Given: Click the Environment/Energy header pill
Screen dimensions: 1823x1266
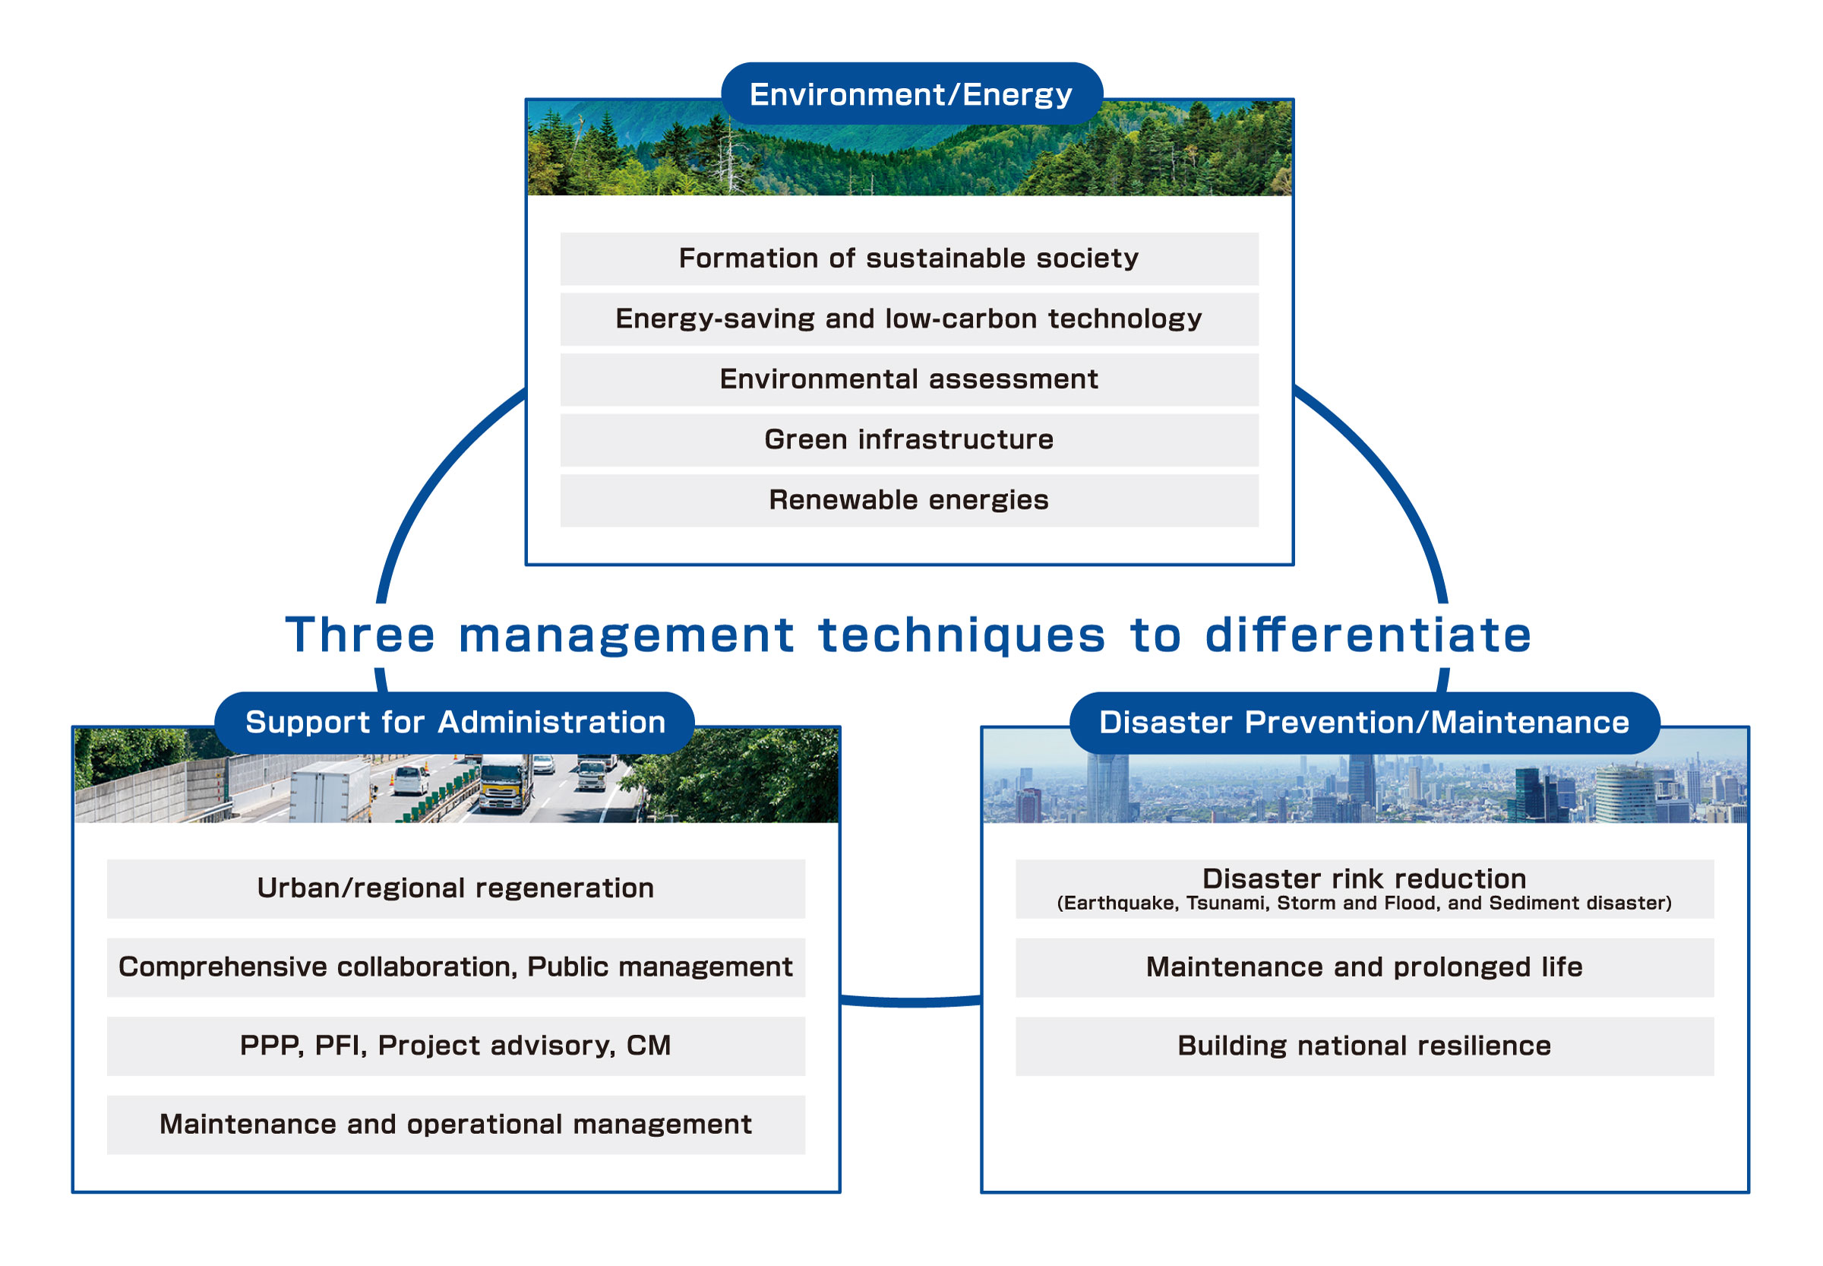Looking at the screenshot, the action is tap(911, 93).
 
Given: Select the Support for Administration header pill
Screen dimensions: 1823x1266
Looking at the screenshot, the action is tap(454, 722).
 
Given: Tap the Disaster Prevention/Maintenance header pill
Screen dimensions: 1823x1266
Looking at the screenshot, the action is tap(1364, 722).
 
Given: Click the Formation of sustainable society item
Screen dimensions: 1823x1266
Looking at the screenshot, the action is tap(908, 258).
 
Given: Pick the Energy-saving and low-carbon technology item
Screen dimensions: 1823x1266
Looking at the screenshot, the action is tap(908, 319).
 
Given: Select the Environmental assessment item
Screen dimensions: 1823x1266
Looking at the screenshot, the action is tap(908, 379).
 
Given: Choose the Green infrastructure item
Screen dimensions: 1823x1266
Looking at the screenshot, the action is tap(908, 439).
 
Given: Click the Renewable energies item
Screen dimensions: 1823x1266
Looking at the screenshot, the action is tap(908, 500).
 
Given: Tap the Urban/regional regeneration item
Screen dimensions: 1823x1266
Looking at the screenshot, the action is tap(456, 888).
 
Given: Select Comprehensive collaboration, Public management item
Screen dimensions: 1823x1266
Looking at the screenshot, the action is tap(456, 967).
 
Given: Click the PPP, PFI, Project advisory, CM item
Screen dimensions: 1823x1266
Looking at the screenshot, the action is tap(456, 1046).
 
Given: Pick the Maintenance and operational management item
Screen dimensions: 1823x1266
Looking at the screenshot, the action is tap(456, 1124).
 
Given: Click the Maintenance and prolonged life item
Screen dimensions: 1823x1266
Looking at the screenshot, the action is tap(1364, 967).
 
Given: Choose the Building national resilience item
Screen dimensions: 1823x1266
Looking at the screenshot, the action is tap(1364, 1046).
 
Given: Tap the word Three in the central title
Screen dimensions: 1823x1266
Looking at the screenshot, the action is tap(360, 635).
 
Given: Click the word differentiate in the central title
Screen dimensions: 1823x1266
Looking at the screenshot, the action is tap(1368, 635).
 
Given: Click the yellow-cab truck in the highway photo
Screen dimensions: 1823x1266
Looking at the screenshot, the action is tap(505, 783).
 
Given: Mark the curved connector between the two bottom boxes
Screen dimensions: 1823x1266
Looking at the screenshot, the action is tap(910, 1002).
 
